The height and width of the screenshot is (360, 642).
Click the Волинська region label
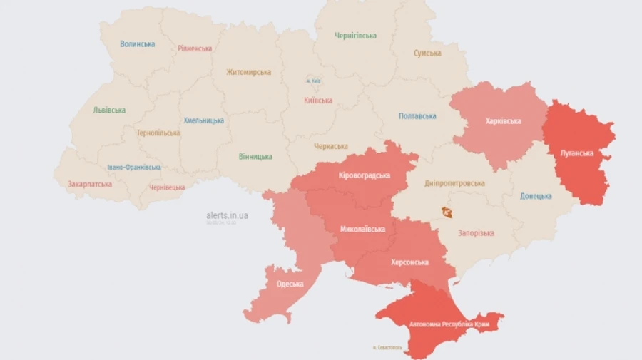click(x=138, y=44)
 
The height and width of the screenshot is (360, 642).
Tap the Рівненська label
click(x=195, y=48)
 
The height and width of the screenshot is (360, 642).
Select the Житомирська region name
click(x=248, y=72)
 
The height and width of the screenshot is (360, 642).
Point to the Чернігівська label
click(x=355, y=36)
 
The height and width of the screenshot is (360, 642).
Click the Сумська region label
click(x=427, y=53)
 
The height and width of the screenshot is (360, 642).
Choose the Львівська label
click(x=109, y=110)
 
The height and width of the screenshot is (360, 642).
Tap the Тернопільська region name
click(x=158, y=133)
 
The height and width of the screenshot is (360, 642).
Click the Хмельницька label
click(x=203, y=120)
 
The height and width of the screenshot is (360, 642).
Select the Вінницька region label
click(x=255, y=156)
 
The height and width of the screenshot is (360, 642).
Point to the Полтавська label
click(x=417, y=116)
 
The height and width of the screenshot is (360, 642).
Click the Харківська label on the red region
click(x=503, y=121)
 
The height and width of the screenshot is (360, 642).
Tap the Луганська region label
click(x=578, y=153)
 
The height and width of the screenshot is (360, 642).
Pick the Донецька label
click(x=536, y=196)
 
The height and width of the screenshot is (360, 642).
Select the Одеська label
click(x=290, y=284)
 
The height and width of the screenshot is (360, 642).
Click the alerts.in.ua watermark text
click(x=227, y=215)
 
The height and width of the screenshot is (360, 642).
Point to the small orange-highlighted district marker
click(x=447, y=212)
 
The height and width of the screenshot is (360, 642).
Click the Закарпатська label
click(x=90, y=184)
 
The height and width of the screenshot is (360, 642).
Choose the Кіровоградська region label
click(x=365, y=175)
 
